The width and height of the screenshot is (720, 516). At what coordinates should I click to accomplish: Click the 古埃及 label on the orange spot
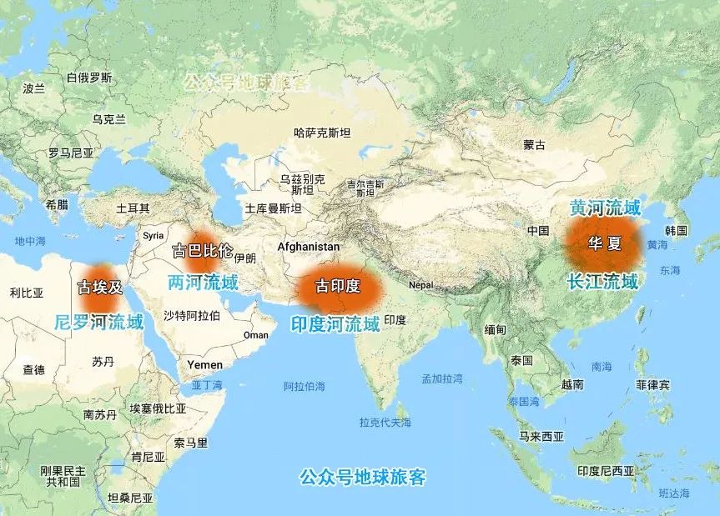tap(100, 288)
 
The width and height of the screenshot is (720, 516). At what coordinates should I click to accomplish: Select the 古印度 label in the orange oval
tap(338, 287)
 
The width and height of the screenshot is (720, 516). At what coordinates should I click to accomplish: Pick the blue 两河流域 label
tap(203, 282)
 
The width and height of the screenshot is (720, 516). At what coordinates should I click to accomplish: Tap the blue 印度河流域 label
tap(335, 323)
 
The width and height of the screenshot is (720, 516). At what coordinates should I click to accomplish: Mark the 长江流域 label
tap(602, 281)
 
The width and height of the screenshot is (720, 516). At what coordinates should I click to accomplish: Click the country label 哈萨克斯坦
tap(322, 132)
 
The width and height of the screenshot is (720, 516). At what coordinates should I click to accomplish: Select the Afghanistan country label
tap(308, 247)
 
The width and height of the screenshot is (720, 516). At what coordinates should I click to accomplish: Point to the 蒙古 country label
tap(534, 145)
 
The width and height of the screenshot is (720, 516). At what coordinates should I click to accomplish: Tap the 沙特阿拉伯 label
tap(192, 315)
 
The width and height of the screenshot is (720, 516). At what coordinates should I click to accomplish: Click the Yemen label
tap(204, 364)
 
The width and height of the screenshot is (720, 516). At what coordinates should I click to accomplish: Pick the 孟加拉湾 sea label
tap(442, 378)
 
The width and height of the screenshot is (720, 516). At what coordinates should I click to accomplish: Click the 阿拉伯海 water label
tap(305, 386)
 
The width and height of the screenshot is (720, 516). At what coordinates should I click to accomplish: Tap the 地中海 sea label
tap(30, 241)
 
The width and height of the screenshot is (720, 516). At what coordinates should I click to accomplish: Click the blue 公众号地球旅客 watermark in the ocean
tap(363, 478)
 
